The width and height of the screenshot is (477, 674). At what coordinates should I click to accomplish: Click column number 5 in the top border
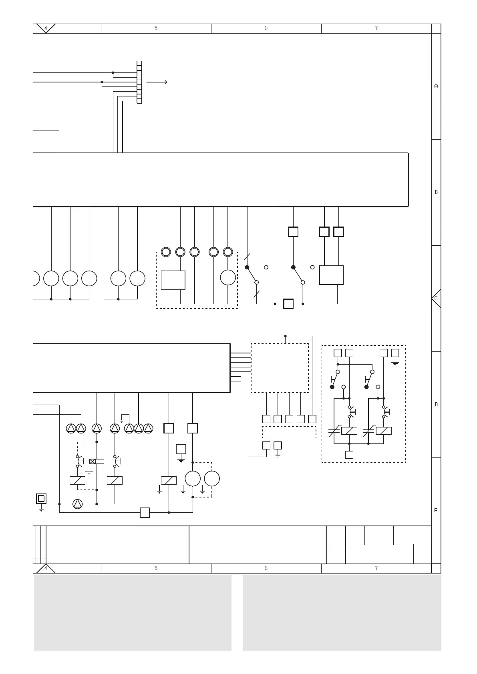[x=156, y=28]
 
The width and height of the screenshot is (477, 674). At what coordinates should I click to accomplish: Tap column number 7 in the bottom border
[x=376, y=568]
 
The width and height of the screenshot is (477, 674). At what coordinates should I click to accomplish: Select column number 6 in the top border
[x=266, y=28]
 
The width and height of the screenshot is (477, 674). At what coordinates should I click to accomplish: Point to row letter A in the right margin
[x=436, y=86]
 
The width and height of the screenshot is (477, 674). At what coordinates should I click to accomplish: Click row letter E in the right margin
[x=436, y=510]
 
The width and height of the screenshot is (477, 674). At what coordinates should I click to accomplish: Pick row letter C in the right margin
[x=436, y=298]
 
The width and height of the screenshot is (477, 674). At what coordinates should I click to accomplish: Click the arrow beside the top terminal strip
[x=157, y=82]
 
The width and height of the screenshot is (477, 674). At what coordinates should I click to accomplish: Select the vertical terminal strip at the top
[x=139, y=82]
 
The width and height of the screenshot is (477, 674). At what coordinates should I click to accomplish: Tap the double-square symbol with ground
[x=41, y=499]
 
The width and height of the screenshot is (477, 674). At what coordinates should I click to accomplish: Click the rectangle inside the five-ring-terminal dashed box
[x=173, y=280]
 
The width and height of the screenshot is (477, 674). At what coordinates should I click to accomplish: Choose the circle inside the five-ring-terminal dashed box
[x=228, y=278]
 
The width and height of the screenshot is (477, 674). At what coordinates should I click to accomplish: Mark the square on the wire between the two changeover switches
[x=288, y=304]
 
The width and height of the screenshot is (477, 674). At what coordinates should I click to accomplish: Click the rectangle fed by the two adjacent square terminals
[x=331, y=275]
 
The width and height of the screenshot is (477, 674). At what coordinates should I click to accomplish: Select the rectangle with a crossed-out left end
[x=97, y=461]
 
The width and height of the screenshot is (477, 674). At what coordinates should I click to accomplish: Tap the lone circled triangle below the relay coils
[x=77, y=504]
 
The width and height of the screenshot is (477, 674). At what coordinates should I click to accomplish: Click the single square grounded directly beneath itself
[x=181, y=449]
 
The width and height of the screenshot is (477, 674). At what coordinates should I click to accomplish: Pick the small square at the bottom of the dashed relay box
[x=349, y=455]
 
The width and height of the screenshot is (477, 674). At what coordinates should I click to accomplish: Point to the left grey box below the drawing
[x=133, y=613]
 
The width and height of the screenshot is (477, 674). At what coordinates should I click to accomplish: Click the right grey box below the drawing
[x=342, y=613]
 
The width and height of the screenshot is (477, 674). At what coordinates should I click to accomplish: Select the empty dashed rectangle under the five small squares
[x=289, y=432]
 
